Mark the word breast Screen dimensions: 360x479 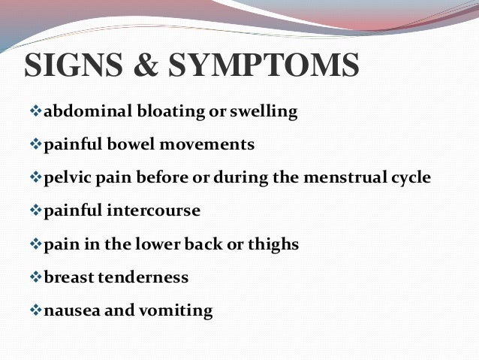66,277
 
